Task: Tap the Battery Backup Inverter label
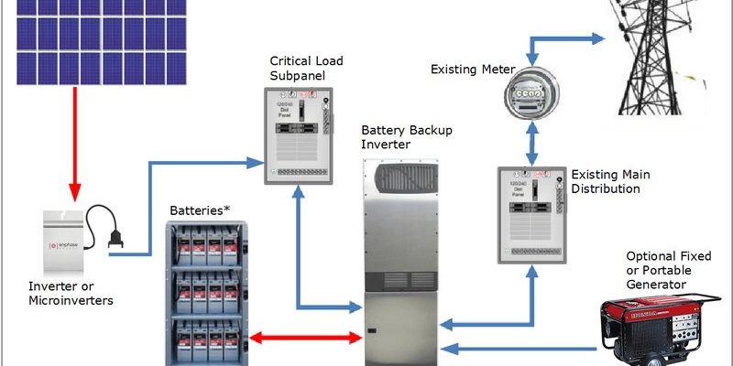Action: click(x=399, y=136)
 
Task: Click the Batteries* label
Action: click(x=200, y=210)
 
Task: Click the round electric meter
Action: click(x=528, y=92)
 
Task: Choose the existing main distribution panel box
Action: click(x=531, y=211)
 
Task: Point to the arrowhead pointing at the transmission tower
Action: click(x=597, y=38)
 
